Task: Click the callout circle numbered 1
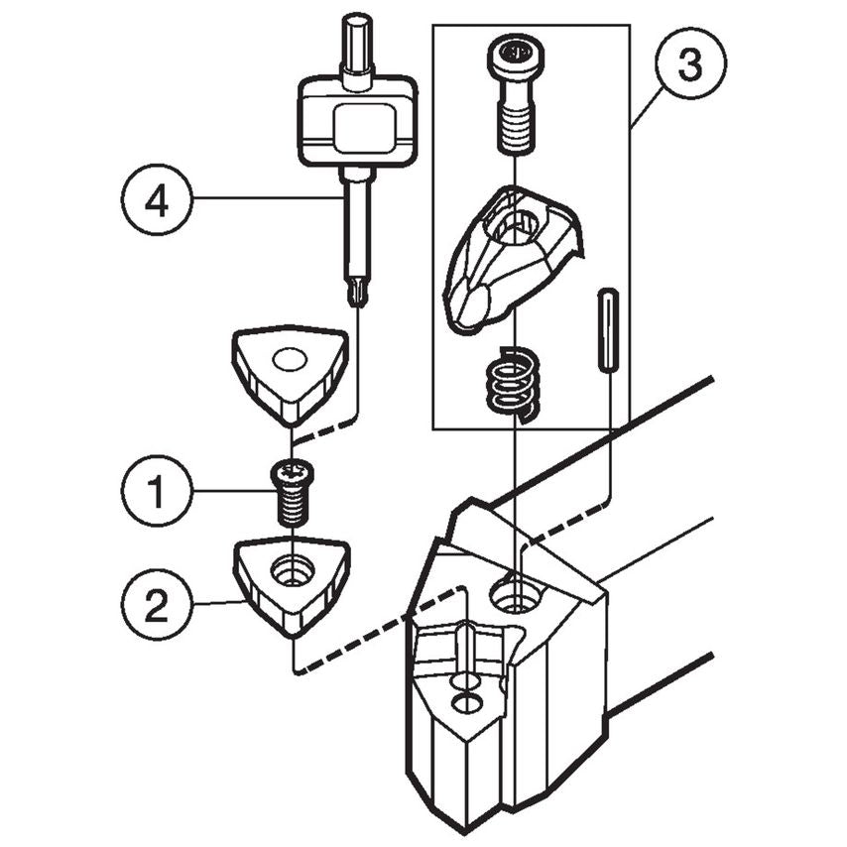[154, 491]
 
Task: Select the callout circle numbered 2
[154, 605]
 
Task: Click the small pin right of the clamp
[609, 330]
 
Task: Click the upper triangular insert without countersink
[290, 372]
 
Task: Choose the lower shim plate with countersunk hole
[290, 583]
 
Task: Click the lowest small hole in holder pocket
[462, 705]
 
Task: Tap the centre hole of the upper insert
[291, 359]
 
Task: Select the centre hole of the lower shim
[294, 571]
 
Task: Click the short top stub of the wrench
[355, 40]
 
